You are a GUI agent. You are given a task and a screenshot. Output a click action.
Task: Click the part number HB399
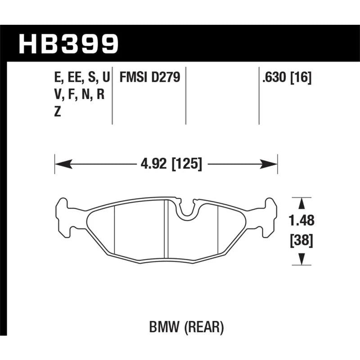tap(68, 44)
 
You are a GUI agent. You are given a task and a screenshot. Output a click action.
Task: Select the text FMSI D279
tap(150, 77)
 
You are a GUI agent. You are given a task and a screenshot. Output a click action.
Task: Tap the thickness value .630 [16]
tap(287, 77)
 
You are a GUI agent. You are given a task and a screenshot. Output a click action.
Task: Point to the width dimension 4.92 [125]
tap(171, 164)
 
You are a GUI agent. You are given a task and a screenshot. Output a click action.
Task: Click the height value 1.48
tap(301, 220)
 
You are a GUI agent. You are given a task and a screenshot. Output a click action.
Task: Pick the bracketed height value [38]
tap(301, 241)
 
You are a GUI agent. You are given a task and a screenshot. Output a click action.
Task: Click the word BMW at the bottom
tap(164, 327)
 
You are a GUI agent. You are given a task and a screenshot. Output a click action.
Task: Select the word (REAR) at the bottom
tap(204, 327)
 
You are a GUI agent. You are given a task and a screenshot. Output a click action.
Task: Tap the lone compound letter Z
tap(58, 112)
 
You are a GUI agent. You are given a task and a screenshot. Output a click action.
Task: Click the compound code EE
tap(75, 77)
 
